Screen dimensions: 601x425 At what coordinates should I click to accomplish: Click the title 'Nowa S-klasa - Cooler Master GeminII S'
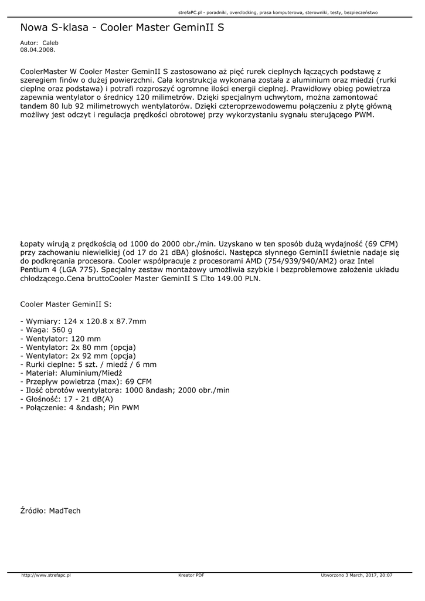122,28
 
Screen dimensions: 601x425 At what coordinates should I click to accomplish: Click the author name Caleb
50,43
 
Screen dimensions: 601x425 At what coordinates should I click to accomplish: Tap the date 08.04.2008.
38,50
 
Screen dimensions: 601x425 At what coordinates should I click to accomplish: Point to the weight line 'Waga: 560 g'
46,330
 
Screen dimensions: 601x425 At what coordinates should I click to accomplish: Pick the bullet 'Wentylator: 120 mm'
60,339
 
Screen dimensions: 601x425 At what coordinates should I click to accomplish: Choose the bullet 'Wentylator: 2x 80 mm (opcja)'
78,347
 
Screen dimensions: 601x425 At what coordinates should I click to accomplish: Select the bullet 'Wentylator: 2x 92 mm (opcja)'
78,356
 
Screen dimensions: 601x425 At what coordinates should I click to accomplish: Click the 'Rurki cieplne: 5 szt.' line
88,364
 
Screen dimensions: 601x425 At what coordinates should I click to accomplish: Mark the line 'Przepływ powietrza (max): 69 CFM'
86,381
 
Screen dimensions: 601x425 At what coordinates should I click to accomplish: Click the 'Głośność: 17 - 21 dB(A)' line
67,399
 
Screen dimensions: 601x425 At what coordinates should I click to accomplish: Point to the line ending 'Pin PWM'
80,407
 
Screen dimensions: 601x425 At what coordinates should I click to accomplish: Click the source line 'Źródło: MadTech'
50,511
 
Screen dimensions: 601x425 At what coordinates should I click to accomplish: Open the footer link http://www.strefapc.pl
46,576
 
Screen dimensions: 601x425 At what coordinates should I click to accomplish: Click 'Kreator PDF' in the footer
191,576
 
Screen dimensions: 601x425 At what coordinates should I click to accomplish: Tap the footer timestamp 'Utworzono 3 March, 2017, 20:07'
356,576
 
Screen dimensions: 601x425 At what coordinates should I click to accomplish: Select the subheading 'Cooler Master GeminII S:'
66,305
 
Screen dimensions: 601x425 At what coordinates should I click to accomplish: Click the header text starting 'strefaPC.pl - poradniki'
277,12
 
